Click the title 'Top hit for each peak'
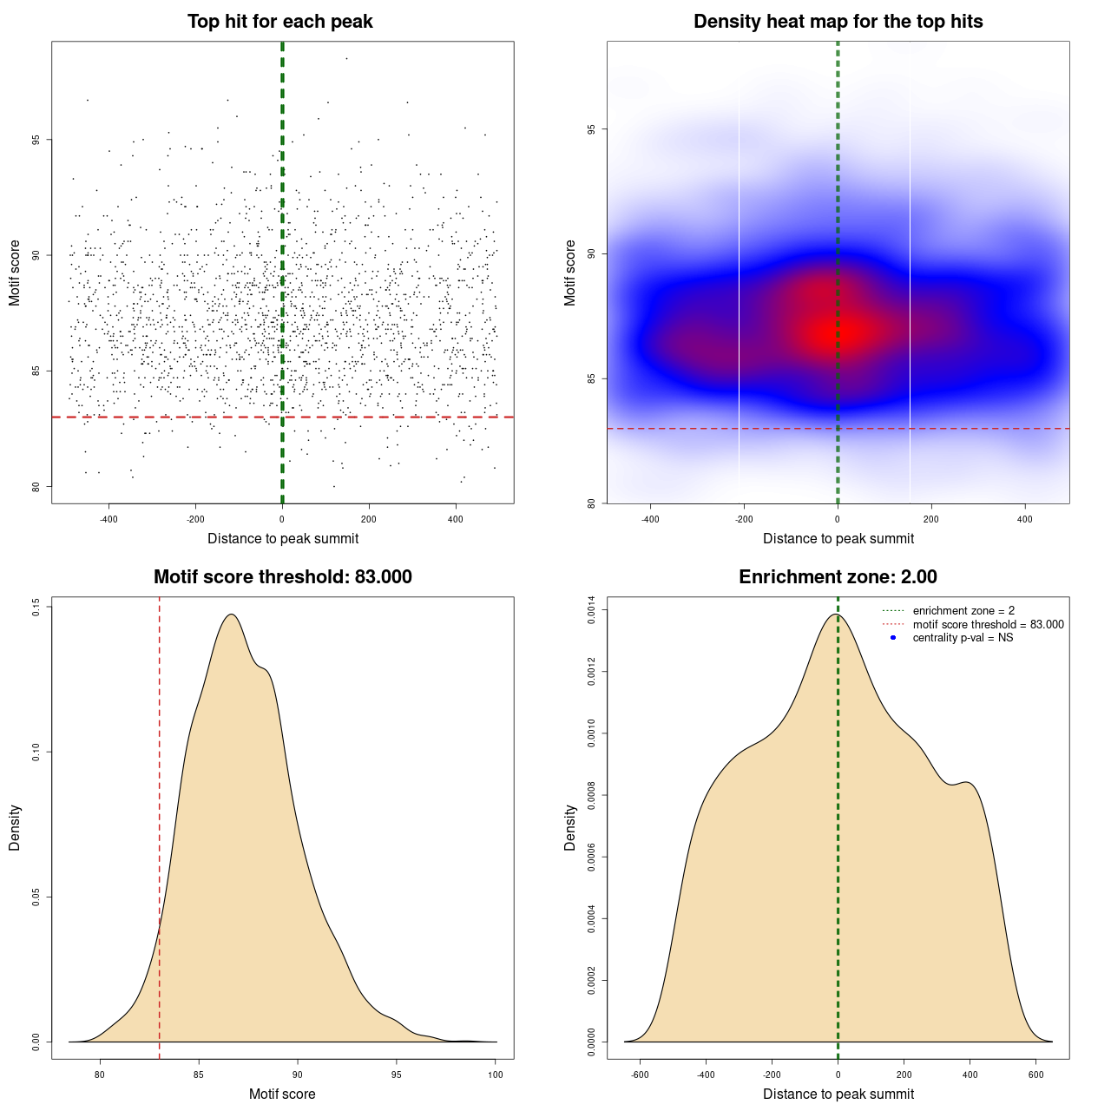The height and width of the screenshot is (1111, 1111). click(279, 22)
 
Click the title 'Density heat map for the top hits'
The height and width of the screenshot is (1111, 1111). click(838, 22)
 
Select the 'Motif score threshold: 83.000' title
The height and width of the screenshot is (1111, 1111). click(282, 577)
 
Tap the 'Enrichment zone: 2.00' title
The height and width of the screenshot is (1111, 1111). click(838, 577)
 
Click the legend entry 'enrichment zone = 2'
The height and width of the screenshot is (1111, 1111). click(963, 611)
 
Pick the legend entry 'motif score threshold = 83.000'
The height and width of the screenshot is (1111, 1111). click(988, 625)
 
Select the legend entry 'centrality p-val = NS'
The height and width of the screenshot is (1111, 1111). click(963, 638)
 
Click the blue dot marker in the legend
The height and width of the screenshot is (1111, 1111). click(893, 638)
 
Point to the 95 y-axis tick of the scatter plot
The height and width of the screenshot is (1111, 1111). click(36, 140)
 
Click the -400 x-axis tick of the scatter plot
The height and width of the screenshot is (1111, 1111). click(108, 520)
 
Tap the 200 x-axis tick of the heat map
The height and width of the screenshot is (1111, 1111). click(931, 520)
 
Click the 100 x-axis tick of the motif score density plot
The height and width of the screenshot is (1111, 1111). click(496, 1075)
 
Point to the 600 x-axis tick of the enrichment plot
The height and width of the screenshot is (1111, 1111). click(1035, 1075)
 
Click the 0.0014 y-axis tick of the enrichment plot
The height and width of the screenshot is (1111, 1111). click(591, 610)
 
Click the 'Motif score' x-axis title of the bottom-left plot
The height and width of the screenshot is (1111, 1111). click(282, 1094)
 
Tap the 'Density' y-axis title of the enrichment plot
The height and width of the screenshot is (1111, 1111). click(570, 827)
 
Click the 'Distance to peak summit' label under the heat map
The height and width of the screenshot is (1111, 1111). click(838, 538)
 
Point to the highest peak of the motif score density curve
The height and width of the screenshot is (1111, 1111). click(232, 615)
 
